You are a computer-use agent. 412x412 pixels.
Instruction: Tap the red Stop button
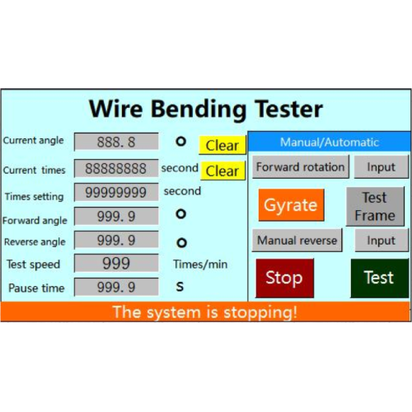(x=284, y=278)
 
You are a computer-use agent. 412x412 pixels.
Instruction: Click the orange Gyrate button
(x=291, y=205)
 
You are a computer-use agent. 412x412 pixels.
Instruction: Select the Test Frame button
(x=375, y=207)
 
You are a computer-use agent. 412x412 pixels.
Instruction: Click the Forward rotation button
(x=301, y=166)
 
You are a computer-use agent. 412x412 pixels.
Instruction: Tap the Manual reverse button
(x=297, y=241)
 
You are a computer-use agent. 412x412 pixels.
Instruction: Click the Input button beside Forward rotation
(x=382, y=166)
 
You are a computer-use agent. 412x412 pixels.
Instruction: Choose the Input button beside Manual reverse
(x=382, y=241)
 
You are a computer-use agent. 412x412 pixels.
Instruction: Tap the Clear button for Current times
(x=222, y=171)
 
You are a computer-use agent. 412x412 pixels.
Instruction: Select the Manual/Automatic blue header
(x=330, y=142)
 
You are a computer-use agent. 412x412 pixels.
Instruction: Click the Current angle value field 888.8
(x=116, y=142)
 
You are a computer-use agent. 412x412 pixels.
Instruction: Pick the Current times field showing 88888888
(x=116, y=168)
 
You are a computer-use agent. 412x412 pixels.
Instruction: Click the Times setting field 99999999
(x=116, y=192)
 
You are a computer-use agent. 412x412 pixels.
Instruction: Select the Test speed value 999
(x=116, y=263)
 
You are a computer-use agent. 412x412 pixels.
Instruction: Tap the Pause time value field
(x=116, y=287)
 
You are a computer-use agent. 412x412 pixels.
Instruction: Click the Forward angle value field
(x=116, y=216)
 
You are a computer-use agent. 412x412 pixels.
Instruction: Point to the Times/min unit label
(x=200, y=265)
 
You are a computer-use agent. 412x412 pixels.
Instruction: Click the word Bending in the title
(x=199, y=109)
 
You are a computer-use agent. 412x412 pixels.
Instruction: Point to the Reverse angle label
(x=35, y=242)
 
